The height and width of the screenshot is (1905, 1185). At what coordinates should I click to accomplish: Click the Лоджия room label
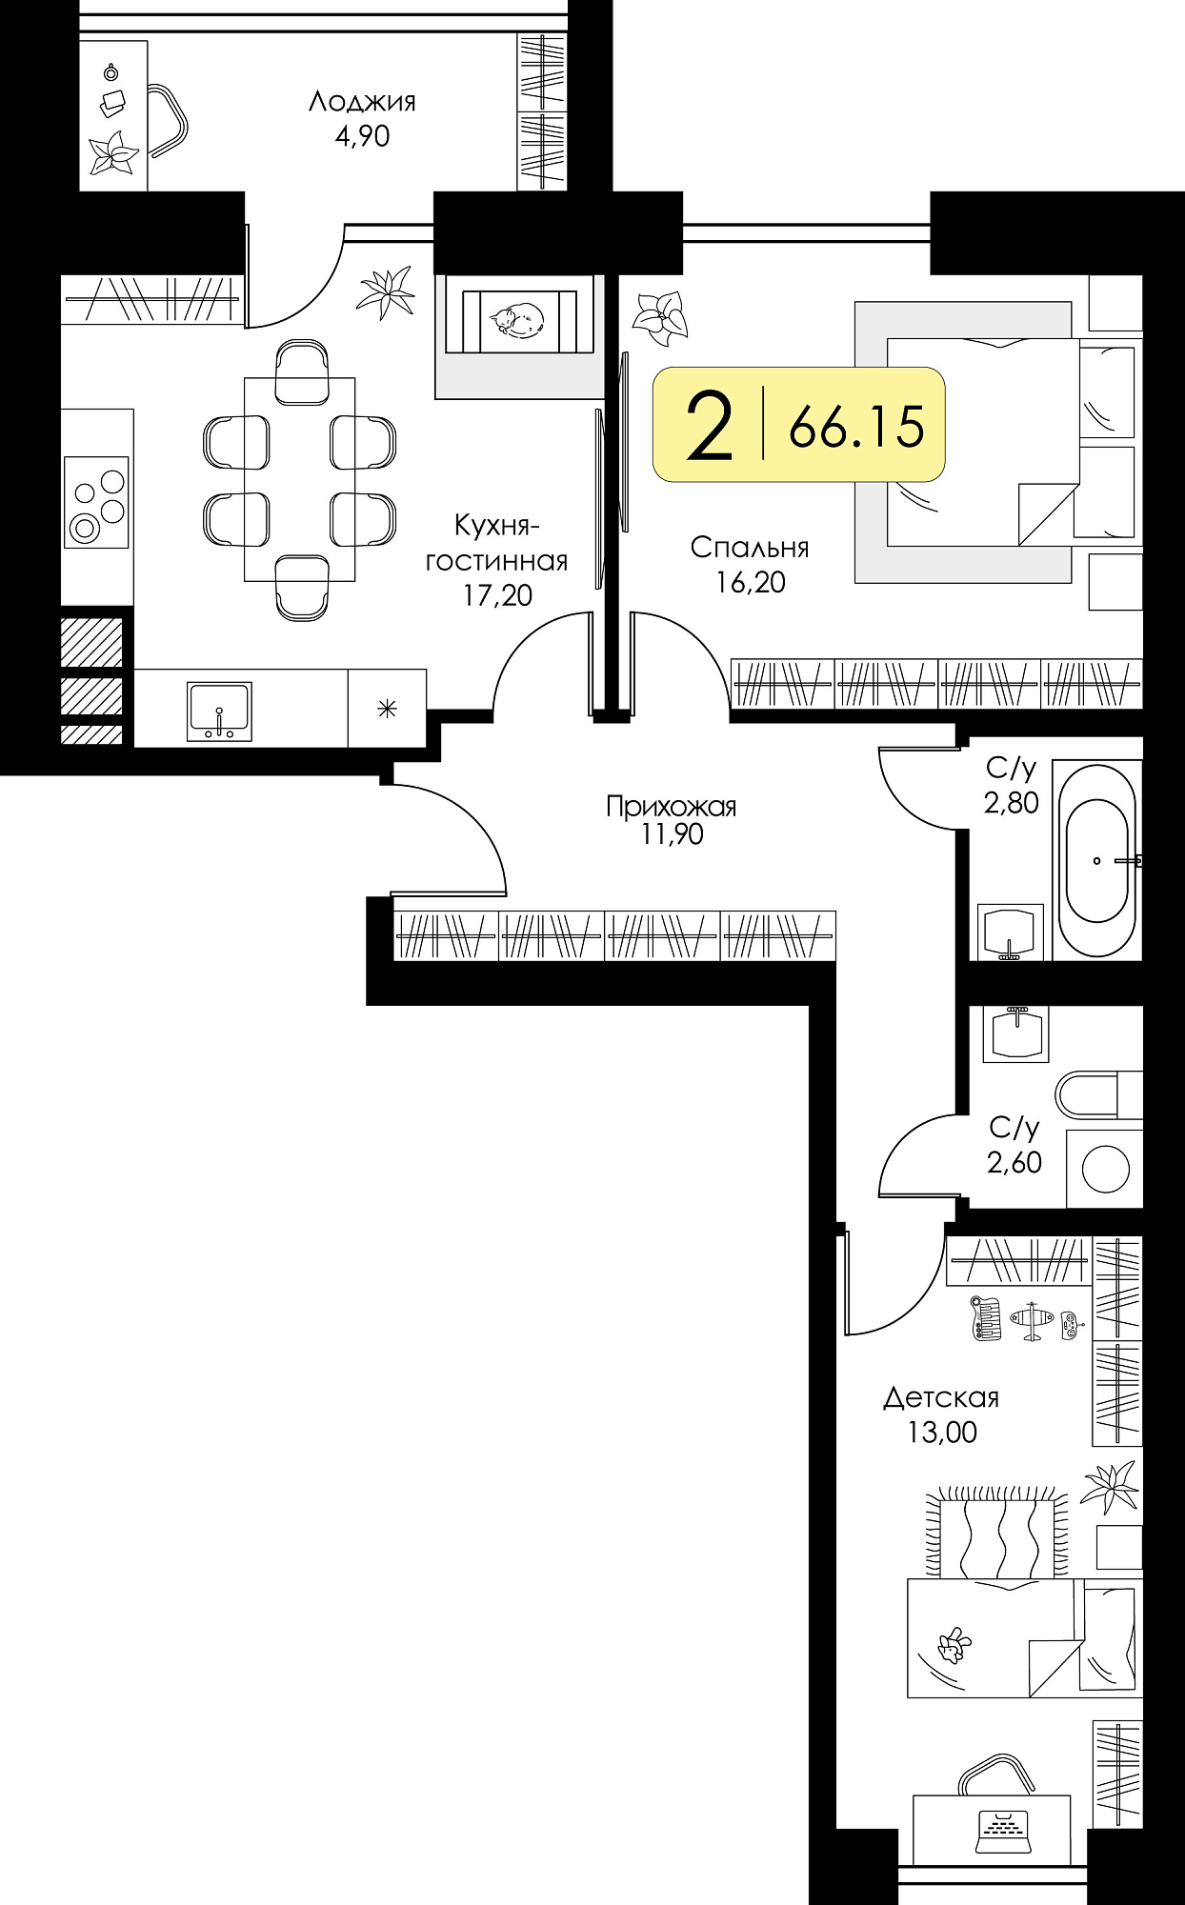(x=362, y=102)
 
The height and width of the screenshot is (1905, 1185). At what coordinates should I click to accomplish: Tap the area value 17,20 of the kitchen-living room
(x=497, y=595)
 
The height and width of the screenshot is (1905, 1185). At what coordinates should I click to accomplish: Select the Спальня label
(x=750, y=548)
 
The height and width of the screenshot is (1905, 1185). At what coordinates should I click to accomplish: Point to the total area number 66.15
(x=856, y=426)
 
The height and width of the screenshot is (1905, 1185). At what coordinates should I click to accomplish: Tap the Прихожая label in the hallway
(x=672, y=808)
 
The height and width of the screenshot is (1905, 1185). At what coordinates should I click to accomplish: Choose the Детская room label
(x=941, y=1398)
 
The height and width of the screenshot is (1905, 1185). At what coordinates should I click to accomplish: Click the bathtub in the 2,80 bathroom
(x=1101, y=860)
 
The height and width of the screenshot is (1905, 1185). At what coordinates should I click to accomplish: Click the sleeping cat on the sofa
(x=516, y=318)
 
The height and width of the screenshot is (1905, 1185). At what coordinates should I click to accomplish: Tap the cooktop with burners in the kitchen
(x=96, y=502)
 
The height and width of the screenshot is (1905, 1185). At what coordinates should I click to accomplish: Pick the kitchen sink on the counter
(x=220, y=711)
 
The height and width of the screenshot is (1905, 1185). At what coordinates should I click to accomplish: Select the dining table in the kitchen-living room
(x=299, y=479)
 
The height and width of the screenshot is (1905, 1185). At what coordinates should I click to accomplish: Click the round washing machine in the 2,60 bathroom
(x=1106, y=1167)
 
